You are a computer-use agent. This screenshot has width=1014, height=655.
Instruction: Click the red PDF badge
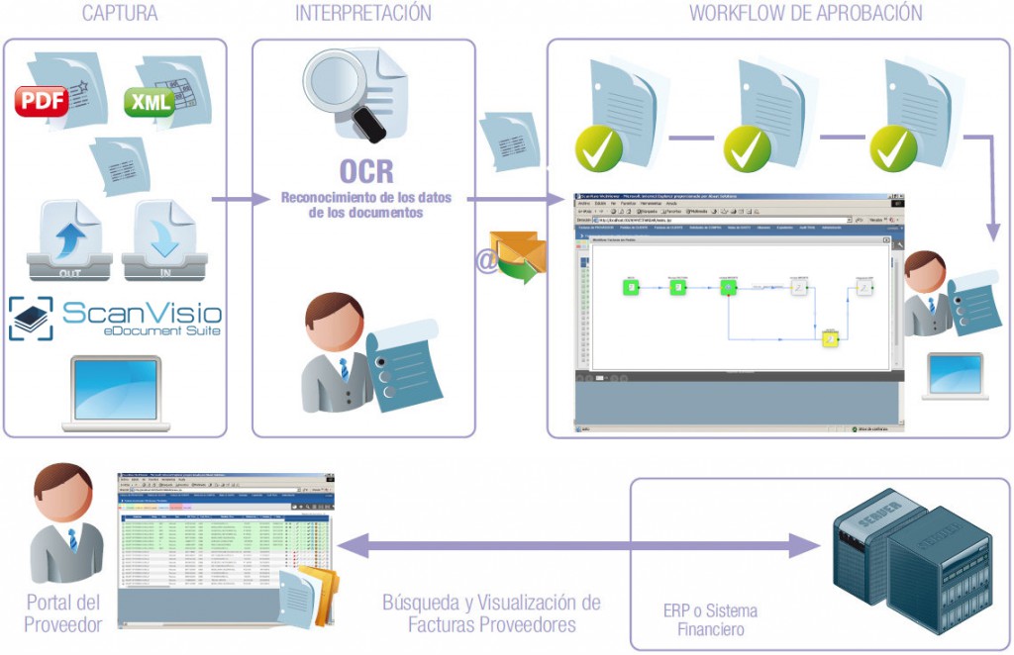coord(42,100)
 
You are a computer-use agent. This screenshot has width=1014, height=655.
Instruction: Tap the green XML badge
coord(149,101)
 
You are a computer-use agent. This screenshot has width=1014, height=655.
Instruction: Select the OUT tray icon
coord(69,238)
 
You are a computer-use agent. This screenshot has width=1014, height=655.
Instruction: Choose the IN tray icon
coord(164,238)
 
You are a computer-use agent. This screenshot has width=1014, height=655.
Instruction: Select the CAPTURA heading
coord(120,14)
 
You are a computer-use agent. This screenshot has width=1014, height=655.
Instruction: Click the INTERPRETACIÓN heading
coord(363,14)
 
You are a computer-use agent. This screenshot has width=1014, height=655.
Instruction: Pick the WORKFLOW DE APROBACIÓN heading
coord(805,14)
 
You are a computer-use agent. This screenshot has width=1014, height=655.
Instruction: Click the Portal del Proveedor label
coord(63,613)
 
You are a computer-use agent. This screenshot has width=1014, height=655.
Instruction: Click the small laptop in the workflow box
coord(955,376)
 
